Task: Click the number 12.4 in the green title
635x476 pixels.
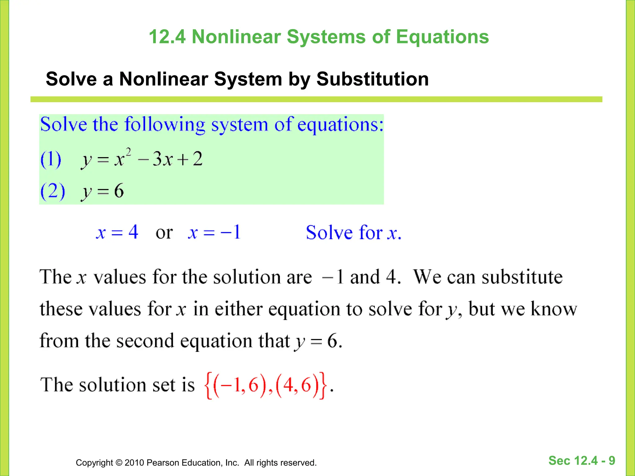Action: [167, 37]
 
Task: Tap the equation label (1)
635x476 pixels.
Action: [51, 159]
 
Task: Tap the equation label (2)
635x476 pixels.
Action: [53, 191]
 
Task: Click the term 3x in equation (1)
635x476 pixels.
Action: [162, 159]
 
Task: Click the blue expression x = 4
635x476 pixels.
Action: [117, 232]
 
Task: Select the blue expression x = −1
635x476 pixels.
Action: [214, 232]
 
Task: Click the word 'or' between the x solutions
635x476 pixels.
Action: [164, 233]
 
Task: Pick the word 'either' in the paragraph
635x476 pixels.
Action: [238, 309]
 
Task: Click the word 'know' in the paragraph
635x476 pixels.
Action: [554, 309]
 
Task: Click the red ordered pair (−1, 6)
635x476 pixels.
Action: [240, 385]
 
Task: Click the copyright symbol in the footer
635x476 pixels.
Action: [119, 463]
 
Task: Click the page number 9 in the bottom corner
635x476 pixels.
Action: [612, 461]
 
